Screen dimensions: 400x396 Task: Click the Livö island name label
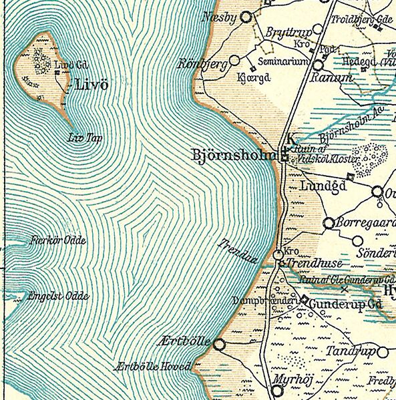92,85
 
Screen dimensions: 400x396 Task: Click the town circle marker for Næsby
246,17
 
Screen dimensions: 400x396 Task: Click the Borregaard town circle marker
329,223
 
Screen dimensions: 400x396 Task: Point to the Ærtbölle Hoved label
153,366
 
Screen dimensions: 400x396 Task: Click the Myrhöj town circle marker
279,387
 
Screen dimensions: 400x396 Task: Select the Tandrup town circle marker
383,351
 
